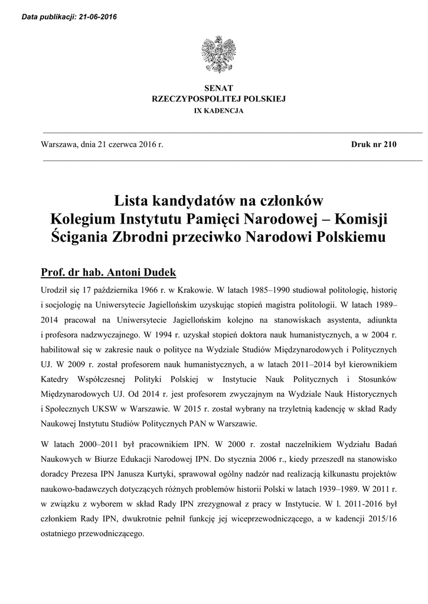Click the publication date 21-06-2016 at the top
pyautogui.click(x=96, y=17)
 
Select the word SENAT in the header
pyautogui.click(x=214, y=88)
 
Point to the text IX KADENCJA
pyautogui.click(x=214, y=110)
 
